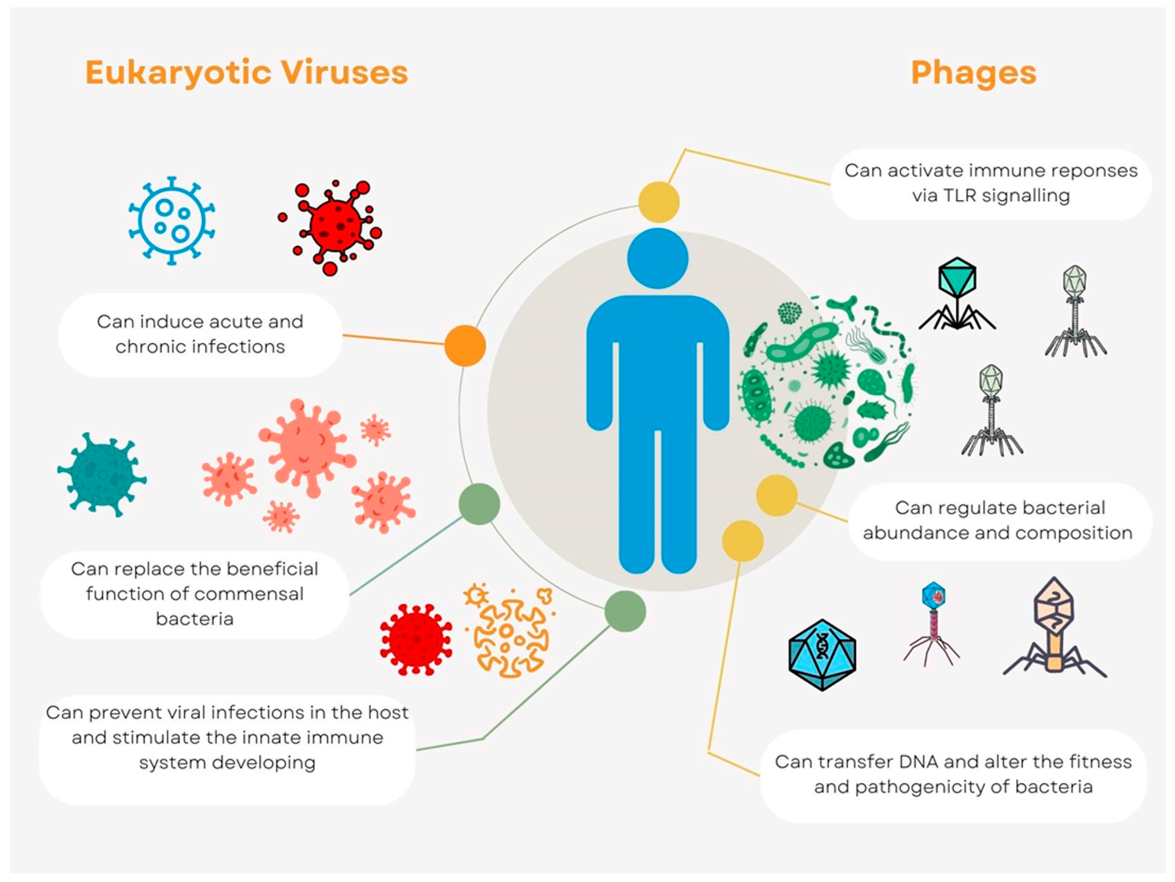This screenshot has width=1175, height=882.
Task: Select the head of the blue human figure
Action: (x=658, y=259)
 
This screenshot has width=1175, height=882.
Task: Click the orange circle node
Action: (x=465, y=346)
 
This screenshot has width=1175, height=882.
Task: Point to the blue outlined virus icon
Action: (x=172, y=220)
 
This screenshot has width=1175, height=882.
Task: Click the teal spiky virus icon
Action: (x=101, y=474)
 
